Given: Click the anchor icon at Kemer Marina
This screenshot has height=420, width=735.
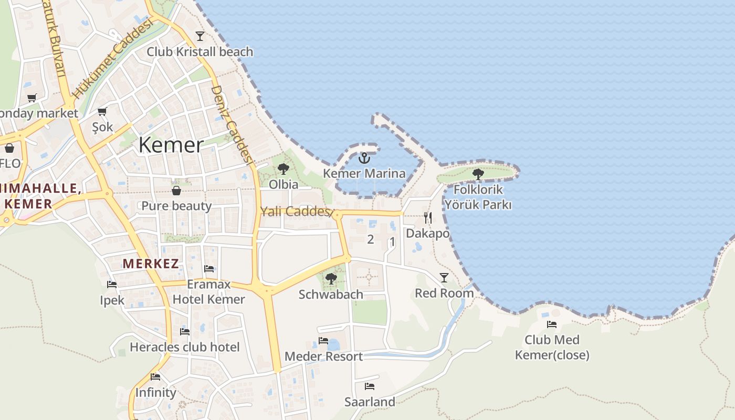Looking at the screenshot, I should [x=364, y=157].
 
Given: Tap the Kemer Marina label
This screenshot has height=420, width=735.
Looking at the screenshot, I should [x=364, y=173].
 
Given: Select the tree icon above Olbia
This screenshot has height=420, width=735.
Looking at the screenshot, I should [x=283, y=169].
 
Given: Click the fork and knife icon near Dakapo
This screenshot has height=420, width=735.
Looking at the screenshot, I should [x=428, y=218].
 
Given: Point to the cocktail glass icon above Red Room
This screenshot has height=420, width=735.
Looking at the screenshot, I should [x=444, y=278].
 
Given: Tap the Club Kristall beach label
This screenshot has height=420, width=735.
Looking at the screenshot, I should [x=199, y=52].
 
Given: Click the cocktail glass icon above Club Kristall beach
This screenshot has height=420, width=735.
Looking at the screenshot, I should [x=199, y=36].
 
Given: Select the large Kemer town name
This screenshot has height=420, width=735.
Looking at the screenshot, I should [x=171, y=145].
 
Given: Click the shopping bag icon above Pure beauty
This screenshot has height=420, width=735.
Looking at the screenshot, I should [x=176, y=190].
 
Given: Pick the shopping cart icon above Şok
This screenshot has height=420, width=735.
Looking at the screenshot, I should [x=102, y=111].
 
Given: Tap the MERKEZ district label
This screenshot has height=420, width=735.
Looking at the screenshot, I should [x=151, y=264].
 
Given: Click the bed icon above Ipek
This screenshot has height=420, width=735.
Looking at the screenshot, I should [x=112, y=285].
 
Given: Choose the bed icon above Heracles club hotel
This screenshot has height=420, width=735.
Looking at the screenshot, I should [x=185, y=331].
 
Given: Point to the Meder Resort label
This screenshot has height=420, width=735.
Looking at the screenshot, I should [x=323, y=356].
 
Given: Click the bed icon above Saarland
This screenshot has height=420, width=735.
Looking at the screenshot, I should [x=370, y=386].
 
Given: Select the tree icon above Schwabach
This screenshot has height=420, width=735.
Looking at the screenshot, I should [x=331, y=278].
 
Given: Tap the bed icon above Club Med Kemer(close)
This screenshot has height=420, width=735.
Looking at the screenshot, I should [x=551, y=324].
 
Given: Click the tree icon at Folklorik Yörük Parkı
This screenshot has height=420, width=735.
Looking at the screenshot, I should [x=478, y=174].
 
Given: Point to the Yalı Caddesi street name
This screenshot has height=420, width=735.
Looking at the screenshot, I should [x=297, y=212].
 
